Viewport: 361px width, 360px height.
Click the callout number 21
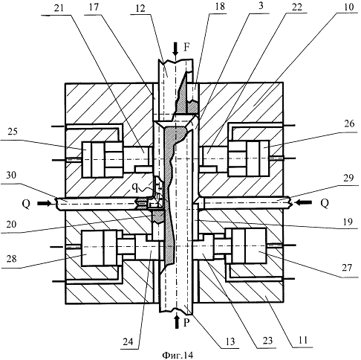pyautogui.click(x=59, y=7)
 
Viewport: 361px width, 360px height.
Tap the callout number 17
pyautogui.click(x=94, y=7)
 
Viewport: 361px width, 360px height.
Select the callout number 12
pyautogui.click(x=140, y=9)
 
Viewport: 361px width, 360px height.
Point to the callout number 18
pyautogui.click(x=220, y=7)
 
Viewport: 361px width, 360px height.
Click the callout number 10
pyautogui.click(x=348, y=7)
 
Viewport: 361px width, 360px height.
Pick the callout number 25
pyautogui.click(x=13, y=131)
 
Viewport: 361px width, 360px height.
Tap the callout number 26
pyautogui.click(x=349, y=123)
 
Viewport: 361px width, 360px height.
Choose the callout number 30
pyautogui.click(x=11, y=175)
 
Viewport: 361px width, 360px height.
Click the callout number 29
pyautogui.click(x=348, y=178)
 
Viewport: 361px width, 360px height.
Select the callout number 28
pyautogui.click(x=12, y=259)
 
